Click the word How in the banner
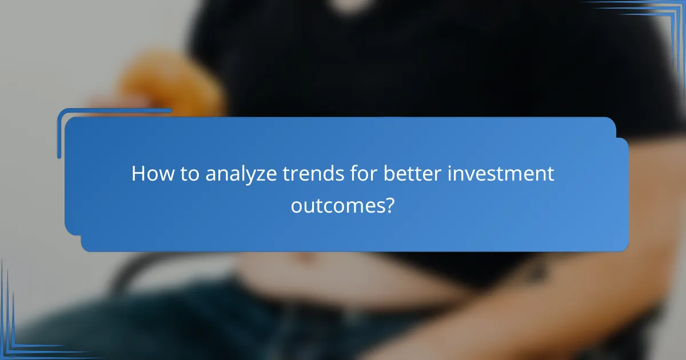[150, 174]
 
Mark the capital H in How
[138, 174]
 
